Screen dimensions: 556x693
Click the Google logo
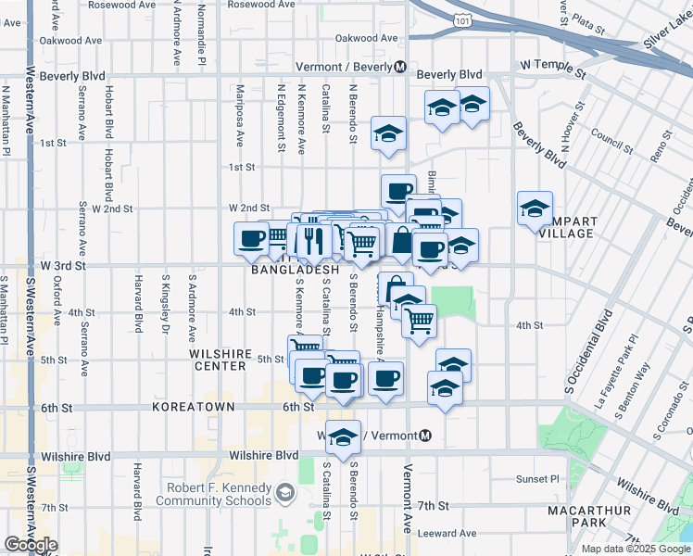click(x=30, y=545)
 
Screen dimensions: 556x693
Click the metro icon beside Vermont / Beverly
click(x=400, y=67)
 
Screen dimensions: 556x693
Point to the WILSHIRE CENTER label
click(x=218, y=360)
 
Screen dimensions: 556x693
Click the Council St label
click(x=611, y=140)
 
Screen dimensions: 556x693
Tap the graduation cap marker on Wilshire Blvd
click(x=343, y=438)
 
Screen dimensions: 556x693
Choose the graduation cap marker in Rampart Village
click(x=535, y=209)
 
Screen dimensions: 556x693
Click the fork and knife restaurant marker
click(x=313, y=241)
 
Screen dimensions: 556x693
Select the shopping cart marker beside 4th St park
click(x=420, y=322)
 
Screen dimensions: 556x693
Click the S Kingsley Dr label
click(x=166, y=302)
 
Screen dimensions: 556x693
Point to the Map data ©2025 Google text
click(x=635, y=549)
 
